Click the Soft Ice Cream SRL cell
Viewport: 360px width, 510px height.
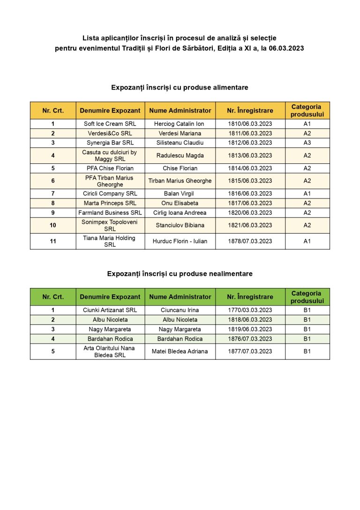pos(110,124)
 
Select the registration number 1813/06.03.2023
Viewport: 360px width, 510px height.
pos(250,155)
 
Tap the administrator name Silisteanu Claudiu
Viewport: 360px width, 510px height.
pos(180,143)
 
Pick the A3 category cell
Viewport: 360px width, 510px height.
pos(307,143)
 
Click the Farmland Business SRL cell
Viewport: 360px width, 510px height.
pos(110,213)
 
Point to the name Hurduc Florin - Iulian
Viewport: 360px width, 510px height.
pos(180,241)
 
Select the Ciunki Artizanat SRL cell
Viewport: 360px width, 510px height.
pos(110,310)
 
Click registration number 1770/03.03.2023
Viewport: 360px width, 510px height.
pos(250,310)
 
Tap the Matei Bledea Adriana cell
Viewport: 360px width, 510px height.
pos(180,351)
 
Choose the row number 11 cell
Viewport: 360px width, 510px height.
pos(53,241)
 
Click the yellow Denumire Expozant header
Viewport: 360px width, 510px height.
pos(110,111)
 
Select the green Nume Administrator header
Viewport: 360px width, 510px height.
pos(180,297)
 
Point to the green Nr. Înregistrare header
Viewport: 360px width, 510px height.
pos(250,297)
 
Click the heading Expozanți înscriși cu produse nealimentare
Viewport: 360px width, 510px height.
pos(180,274)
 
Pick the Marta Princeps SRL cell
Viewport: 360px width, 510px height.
pos(110,203)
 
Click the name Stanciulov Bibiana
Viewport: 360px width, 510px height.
pos(180,225)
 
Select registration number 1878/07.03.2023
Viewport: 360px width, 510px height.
pos(250,241)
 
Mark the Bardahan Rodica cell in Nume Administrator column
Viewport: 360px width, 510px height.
pos(180,339)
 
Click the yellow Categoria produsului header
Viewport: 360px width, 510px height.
pos(307,111)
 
